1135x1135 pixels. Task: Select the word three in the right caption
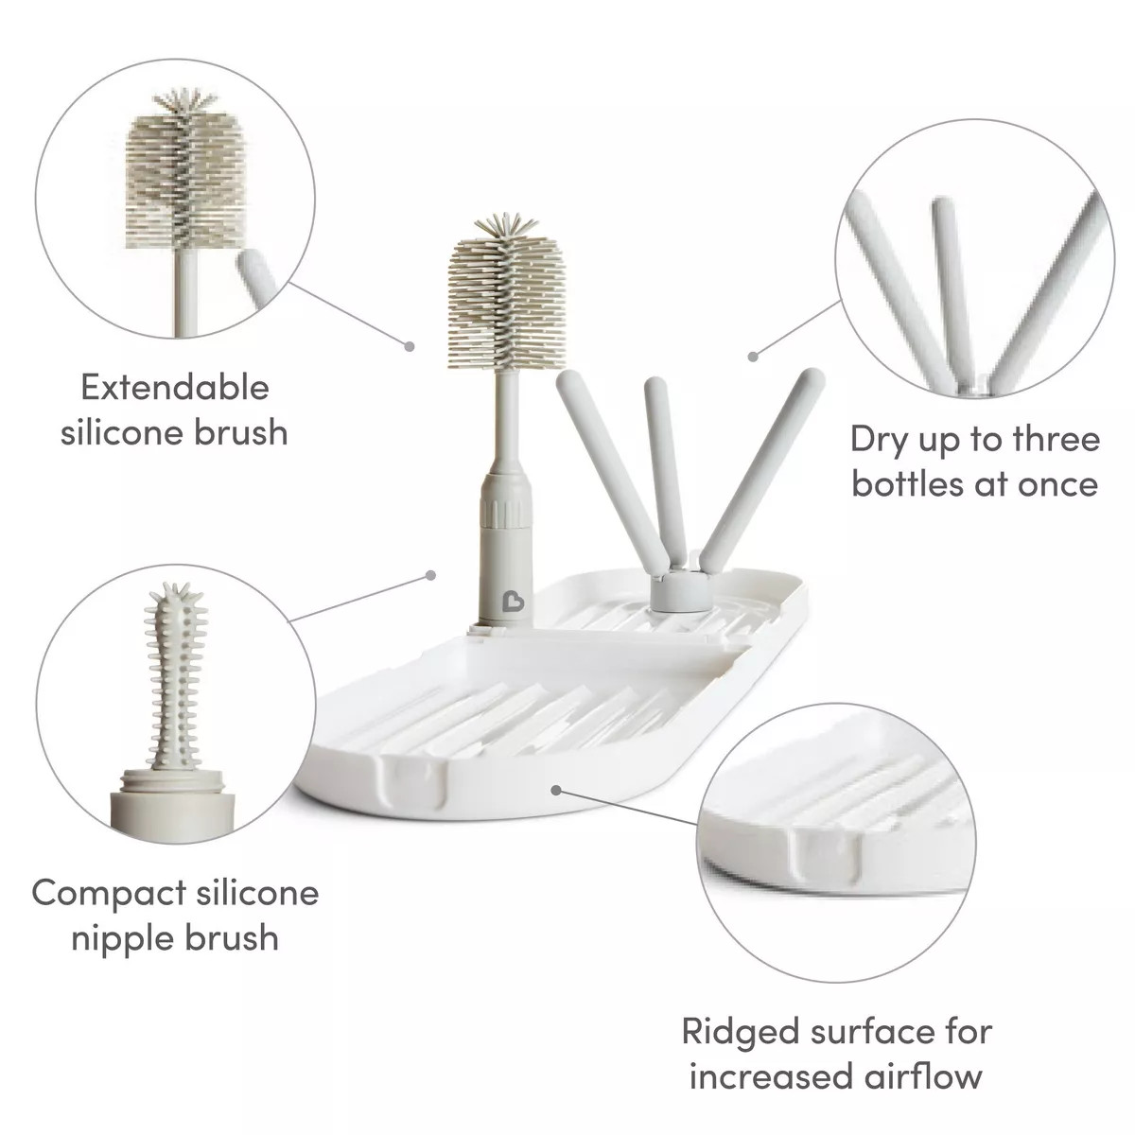[1057, 440]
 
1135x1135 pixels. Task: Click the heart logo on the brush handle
[513, 599]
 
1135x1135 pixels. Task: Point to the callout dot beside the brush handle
[430, 575]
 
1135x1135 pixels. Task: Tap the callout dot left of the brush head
[409, 346]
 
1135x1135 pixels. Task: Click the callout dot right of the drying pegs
[753, 357]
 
